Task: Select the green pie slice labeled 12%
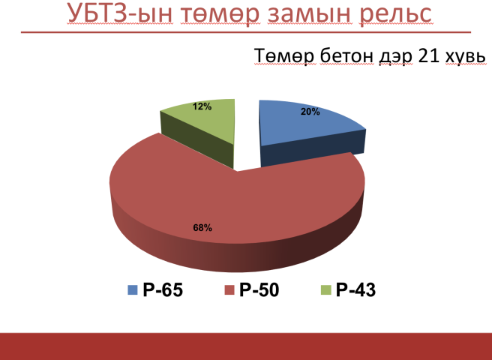(x=207, y=122)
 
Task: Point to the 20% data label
(x=310, y=112)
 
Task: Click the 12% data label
(x=202, y=106)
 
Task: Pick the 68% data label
(x=202, y=228)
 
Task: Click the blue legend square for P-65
(x=133, y=289)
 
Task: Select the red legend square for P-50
(x=229, y=289)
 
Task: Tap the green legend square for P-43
(x=326, y=289)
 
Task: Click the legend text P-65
(x=163, y=289)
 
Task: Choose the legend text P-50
(x=259, y=289)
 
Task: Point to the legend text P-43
(x=355, y=289)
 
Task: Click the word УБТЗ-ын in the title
(x=120, y=13)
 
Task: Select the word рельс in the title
(x=396, y=15)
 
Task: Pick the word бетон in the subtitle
(x=346, y=55)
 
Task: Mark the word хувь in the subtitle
(x=466, y=57)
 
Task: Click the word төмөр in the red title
(x=220, y=16)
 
